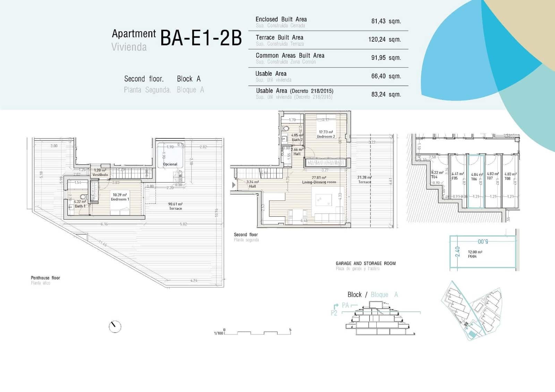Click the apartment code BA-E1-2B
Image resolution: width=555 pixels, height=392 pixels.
point(201,38)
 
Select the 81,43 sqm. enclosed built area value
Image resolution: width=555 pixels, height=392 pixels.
point(386,21)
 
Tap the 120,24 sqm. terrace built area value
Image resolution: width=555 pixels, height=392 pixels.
point(384,40)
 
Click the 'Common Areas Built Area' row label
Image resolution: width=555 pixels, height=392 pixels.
point(290,56)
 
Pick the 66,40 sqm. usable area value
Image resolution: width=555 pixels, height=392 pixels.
point(386,76)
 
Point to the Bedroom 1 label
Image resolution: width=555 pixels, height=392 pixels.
point(120,199)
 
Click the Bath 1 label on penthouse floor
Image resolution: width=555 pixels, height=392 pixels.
point(80,206)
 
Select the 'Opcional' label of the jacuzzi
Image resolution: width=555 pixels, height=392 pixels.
point(170,164)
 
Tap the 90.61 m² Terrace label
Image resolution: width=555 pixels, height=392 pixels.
point(175,206)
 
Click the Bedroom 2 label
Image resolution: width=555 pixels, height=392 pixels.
point(326,136)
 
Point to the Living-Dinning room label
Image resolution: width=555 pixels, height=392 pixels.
point(319,182)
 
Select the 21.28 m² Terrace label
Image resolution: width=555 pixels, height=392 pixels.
point(364,179)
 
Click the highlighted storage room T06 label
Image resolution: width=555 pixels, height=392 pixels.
point(474,179)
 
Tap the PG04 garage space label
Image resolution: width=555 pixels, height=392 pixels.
point(472,256)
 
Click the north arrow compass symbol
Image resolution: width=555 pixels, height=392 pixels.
point(115,326)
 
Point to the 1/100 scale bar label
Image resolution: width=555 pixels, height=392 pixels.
point(219,333)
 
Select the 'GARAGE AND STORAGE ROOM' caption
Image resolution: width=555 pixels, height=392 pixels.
point(366,263)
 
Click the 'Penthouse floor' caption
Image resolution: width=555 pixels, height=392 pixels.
point(45,278)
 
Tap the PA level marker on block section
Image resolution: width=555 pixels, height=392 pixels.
point(345,305)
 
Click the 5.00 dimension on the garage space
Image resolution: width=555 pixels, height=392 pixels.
point(483,241)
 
